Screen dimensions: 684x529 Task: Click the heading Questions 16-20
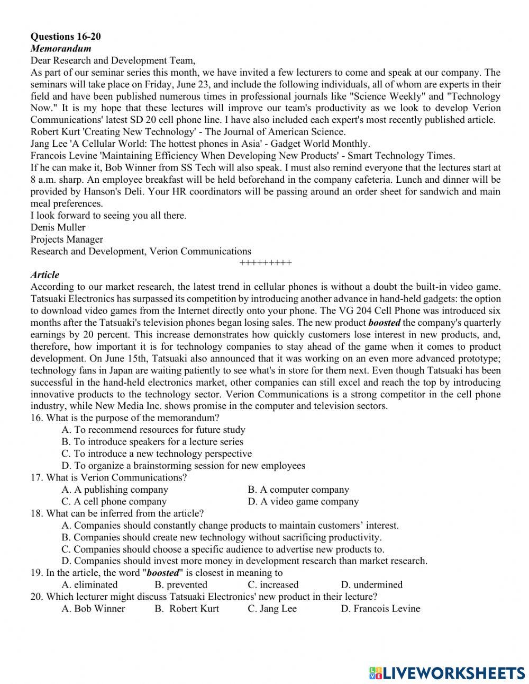click(x=66, y=37)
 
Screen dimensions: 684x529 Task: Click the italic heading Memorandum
click(x=60, y=49)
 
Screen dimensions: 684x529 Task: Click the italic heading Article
click(x=45, y=275)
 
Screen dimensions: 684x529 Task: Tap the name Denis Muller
click(x=58, y=227)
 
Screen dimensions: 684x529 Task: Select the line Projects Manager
click(x=67, y=239)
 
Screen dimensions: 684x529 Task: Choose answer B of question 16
click(x=152, y=442)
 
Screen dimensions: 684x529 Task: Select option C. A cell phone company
click(x=114, y=502)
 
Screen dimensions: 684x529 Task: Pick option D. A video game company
click(x=303, y=502)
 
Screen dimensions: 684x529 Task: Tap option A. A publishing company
click(x=115, y=490)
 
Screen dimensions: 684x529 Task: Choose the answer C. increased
click(x=273, y=585)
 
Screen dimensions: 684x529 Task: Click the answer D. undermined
click(x=371, y=585)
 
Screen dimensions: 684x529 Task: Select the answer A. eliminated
click(x=89, y=585)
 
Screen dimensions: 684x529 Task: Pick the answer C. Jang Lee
click(x=272, y=609)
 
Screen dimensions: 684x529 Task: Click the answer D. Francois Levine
click(x=380, y=609)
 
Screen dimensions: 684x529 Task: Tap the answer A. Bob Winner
click(x=93, y=609)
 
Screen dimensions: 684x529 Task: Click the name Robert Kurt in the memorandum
click(x=53, y=132)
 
